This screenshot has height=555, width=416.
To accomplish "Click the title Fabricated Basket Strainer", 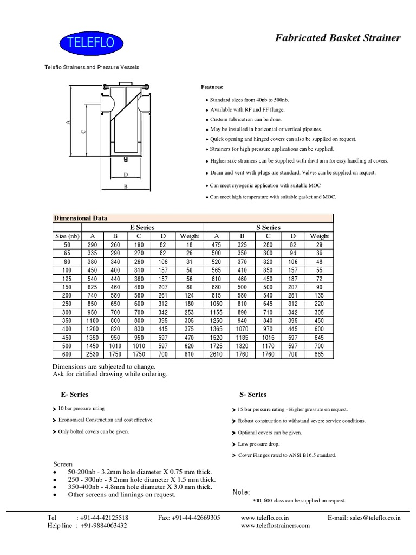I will (x=338, y=37).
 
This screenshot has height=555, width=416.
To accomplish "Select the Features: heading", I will (x=212, y=87).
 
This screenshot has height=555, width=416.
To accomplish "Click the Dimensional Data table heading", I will (x=80, y=218).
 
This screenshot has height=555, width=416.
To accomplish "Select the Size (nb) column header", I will (x=67, y=236).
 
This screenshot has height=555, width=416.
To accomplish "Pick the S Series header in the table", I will (x=268, y=228).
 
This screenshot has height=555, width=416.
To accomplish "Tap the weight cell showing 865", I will (x=319, y=355).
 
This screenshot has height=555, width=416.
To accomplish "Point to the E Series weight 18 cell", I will (x=190, y=245).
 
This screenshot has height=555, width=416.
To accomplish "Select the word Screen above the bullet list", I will (x=62, y=464).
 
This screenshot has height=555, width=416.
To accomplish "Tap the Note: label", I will (x=241, y=492).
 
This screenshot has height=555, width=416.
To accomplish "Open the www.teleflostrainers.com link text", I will (x=275, y=526).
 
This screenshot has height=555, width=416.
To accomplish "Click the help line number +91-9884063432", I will (x=104, y=526).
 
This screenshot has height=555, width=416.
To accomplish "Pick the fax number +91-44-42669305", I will (x=189, y=518).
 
